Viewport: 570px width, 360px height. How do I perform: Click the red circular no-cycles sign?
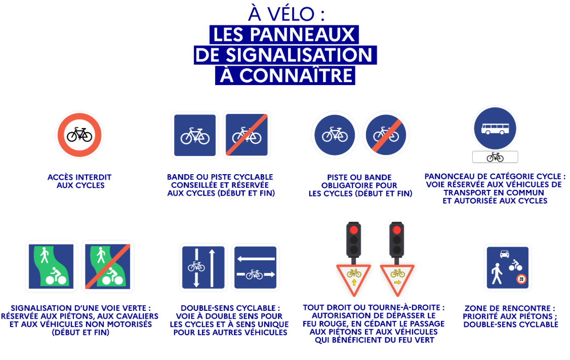click(79, 135)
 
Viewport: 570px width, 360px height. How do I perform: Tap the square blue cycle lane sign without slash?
click(195, 135)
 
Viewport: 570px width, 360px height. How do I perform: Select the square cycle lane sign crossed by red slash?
click(247, 135)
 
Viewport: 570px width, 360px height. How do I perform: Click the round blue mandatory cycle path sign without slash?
click(335, 135)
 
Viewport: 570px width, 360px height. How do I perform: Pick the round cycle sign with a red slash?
click(386, 135)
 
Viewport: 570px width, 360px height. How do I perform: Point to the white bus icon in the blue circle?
click(495, 129)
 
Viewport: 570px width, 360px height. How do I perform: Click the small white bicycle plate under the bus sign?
click(495, 157)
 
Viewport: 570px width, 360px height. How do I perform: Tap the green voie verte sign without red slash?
click(51, 266)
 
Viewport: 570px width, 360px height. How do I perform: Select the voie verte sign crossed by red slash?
click(108, 266)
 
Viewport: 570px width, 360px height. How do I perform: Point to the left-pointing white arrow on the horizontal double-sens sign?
click(256, 259)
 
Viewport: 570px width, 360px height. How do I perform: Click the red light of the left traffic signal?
click(353, 230)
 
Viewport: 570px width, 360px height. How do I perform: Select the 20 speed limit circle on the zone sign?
click(521, 279)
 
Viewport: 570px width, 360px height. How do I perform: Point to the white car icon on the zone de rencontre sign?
click(504, 254)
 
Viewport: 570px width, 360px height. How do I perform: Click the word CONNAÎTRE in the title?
click(296, 75)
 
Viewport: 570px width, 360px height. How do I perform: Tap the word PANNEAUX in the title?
click(302, 35)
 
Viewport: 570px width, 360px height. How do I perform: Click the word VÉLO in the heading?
click(291, 14)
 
